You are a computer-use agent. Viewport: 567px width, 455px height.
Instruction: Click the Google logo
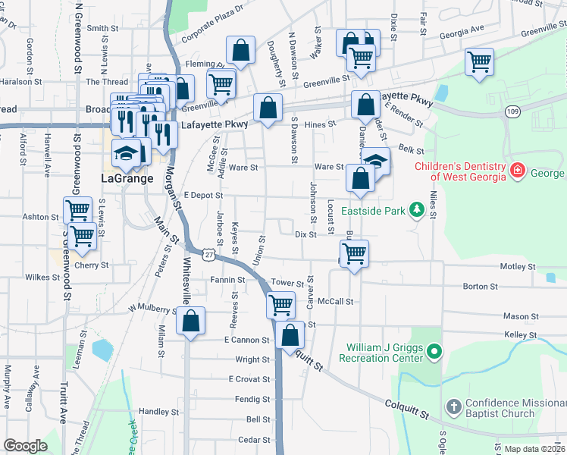tap(25, 446)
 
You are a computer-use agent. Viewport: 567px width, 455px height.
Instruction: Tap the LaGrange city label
tap(127, 179)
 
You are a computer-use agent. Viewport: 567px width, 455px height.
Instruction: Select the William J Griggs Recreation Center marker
tap(434, 351)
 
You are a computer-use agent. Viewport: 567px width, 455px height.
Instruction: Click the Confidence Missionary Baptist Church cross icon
tap(453, 407)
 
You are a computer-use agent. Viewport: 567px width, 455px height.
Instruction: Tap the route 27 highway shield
tap(205, 253)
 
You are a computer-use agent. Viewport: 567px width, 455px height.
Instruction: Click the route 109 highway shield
tap(513, 111)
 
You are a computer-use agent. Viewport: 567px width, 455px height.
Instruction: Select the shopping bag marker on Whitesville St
tap(190, 320)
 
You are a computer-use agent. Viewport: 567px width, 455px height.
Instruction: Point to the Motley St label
tap(518, 267)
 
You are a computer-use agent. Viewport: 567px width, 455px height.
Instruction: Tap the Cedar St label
tap(254, 440)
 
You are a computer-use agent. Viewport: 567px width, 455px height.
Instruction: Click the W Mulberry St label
tap(152, 308)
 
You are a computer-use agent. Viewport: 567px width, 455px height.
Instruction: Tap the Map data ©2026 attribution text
tap(534, 449)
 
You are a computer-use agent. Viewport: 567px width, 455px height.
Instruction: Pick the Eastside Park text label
tap(373, 210)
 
